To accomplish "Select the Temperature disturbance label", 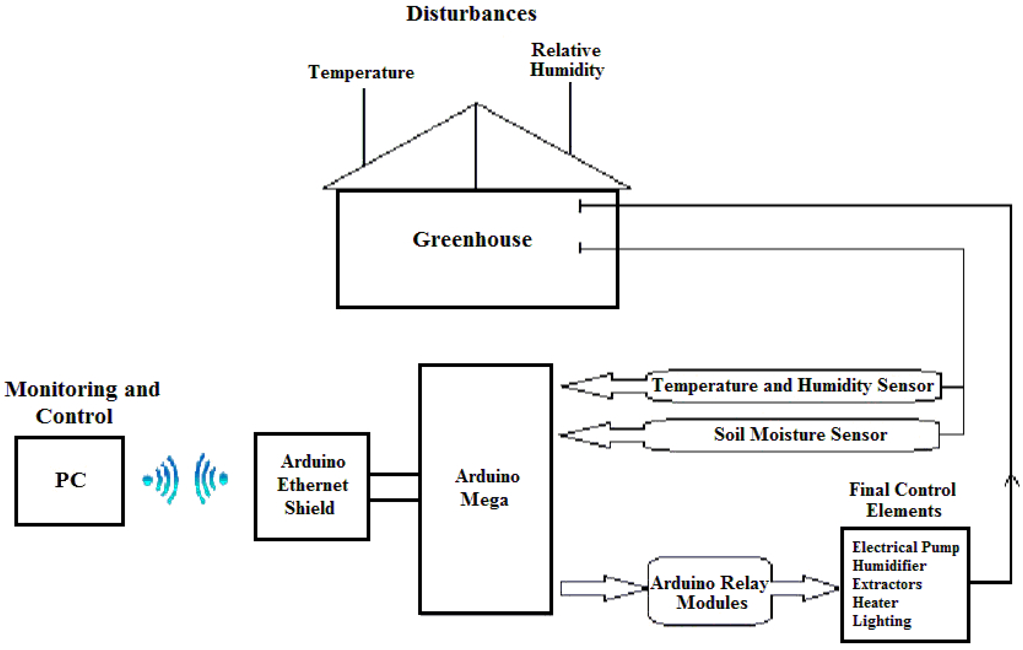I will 361,72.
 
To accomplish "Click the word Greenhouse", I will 472,239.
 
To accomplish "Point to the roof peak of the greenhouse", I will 476,104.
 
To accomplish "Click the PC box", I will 70,481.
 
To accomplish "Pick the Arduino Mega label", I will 486,488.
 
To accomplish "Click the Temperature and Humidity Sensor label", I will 793,386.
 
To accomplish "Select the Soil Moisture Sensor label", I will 801,435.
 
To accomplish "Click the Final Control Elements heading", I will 902,500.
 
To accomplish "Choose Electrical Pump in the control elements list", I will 905,547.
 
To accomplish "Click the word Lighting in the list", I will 882,621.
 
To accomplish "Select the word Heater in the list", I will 875,602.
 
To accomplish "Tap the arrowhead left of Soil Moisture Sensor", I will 582,435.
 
